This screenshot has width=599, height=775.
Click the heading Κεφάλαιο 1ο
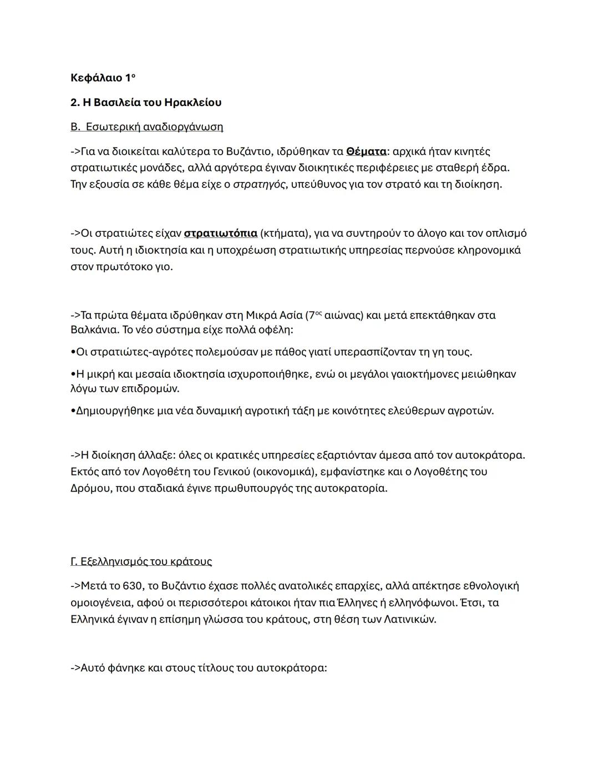coord(103,78)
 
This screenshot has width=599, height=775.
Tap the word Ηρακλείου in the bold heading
coord(193,103)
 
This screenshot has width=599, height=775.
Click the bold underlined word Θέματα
coord(366,151)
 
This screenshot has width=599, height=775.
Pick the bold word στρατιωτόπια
coord(220,233)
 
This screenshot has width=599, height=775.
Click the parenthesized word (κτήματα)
coord(283,233)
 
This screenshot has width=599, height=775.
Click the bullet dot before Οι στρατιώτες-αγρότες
coord(73,352)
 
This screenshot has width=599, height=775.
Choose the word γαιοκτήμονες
coord(424,374)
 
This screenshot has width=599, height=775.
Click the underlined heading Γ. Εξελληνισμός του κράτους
coord(141,561)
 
